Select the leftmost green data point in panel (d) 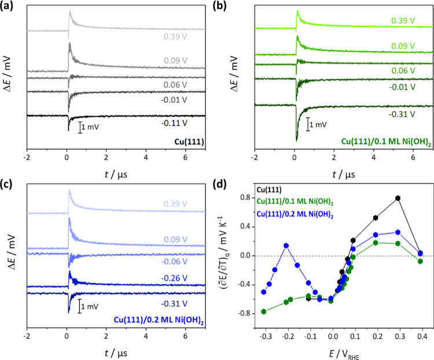point(264,311)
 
